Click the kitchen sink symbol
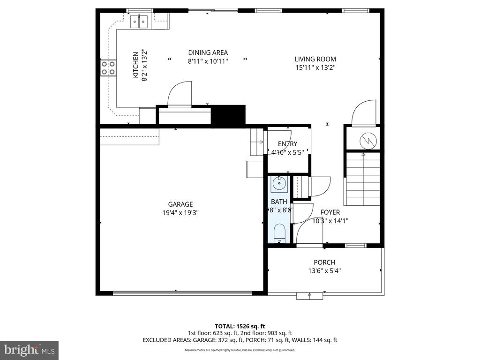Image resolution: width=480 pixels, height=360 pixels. (x=139, y=20)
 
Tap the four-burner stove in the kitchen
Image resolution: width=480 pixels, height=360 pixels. (x=108, y=68)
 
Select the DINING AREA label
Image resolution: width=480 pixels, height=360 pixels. (x=208, y=52)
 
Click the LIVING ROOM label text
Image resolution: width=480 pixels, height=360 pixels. (x=315, y=59)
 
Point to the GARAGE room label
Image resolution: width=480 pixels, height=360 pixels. (x=180, y=204)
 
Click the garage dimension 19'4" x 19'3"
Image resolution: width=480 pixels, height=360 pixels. (x=180, y=212)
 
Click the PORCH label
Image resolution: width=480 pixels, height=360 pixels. (x=324, y=262)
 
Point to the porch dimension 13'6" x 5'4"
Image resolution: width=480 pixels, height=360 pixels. (x=324, y=270)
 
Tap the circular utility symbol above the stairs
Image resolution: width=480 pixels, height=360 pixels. (x=364, y=139)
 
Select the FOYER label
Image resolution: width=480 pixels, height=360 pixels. (x=330, y=212)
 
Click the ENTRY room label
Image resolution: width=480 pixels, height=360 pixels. (x=287, y=144)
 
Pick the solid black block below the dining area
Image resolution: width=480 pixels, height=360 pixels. (x=228, y=115)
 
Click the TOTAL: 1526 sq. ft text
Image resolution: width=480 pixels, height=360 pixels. (x=240, y=326)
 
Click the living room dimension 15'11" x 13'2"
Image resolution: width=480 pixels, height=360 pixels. (x=315, y=67)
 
